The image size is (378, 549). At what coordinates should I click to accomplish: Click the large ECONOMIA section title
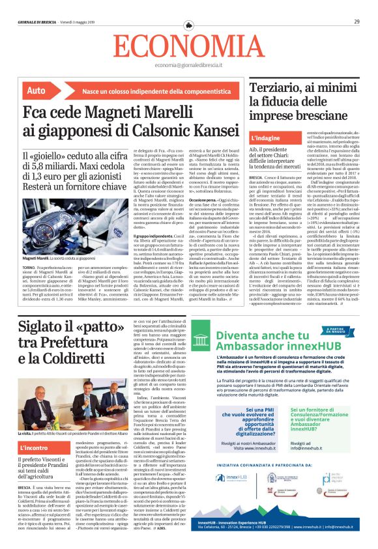(189, 46)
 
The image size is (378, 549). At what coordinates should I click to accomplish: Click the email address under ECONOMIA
(189, 66)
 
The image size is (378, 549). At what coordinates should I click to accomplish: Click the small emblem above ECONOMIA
(189, 24)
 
